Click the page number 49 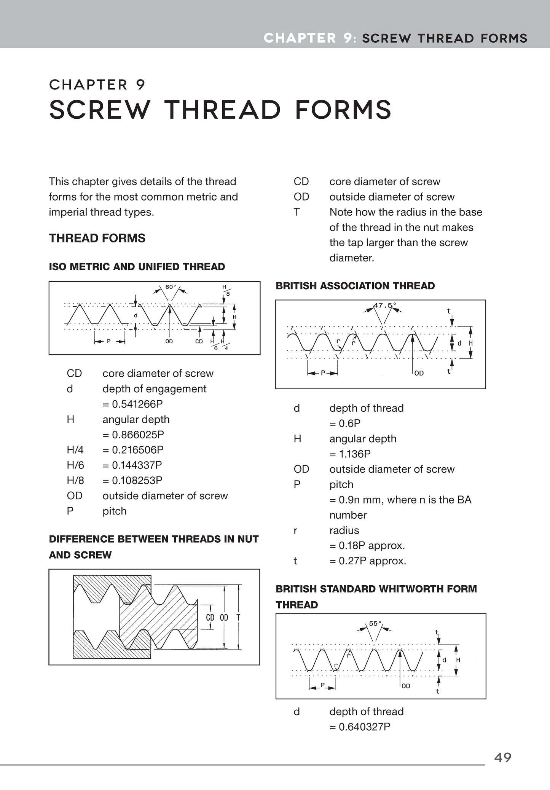(x=502, y=757)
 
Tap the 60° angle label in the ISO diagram (x=171, y=287)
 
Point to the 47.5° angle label (x=385, y=305)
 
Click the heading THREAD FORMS (x=97, y=238)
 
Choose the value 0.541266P (x=133, y=404)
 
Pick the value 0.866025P (x=133, y=435)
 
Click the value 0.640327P (x=360, y=727)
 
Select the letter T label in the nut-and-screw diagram (x=238, y=617)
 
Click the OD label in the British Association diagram (x=419, y=373)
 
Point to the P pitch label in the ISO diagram (x=108, y=341)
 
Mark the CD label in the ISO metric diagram (x=199, y=341)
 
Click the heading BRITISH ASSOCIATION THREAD (x=355, y=286)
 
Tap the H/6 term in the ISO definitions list (x=75, y=465)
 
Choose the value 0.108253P (x=132, y=480)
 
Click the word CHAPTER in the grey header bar (x=300, y=38)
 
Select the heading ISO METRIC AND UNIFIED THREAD (x=137, y=267)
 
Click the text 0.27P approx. (x=368, y=561)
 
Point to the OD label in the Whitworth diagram (x=406, y=686)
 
